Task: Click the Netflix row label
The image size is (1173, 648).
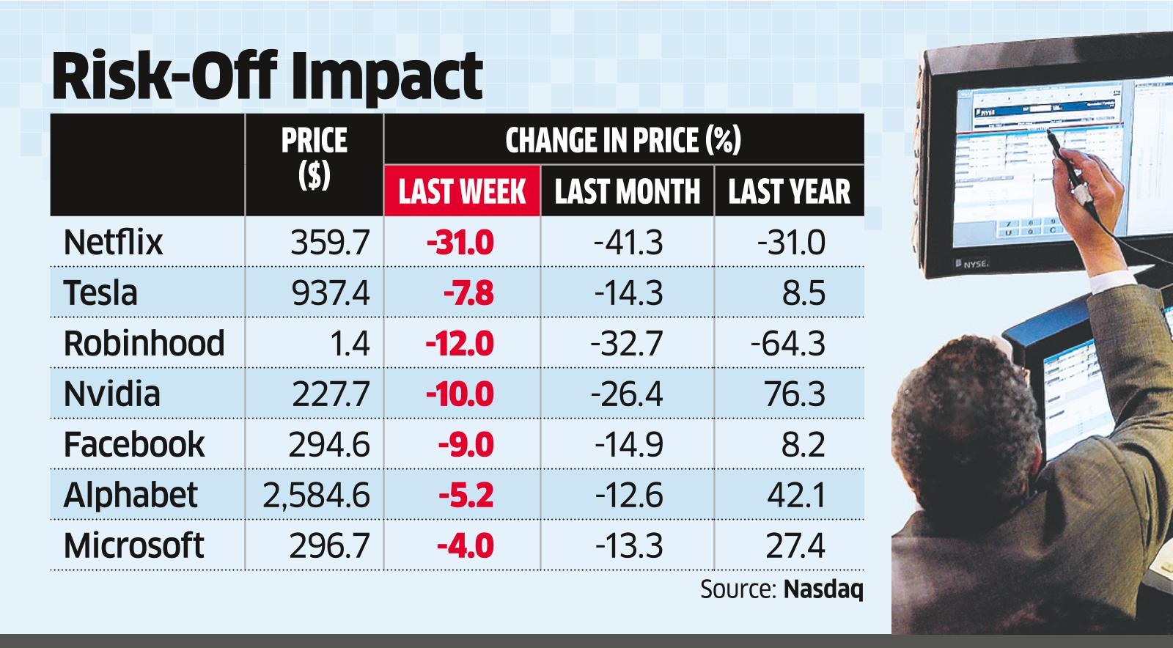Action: coord(113,242)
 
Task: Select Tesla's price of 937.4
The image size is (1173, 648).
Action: coord(331,292)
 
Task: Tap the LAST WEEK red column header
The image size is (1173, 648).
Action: coord(462,191)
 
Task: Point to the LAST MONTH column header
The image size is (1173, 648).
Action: coord(627,191)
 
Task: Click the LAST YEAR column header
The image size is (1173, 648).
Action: coord(789,191)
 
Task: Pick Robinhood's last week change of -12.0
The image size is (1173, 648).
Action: coord(460,343)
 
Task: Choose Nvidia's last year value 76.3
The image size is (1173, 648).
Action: coord(795,394)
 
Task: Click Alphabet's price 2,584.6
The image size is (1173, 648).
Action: coord(316,495)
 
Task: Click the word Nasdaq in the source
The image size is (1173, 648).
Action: coord(823,589)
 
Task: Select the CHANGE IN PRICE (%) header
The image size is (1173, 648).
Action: coord(623,139)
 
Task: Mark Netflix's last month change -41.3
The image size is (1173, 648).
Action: coord(628,242)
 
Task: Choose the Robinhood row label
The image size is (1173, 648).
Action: coord(144,343)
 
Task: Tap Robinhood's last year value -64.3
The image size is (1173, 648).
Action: coord(788,343)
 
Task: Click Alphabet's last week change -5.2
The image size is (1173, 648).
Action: coord(466,495)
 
